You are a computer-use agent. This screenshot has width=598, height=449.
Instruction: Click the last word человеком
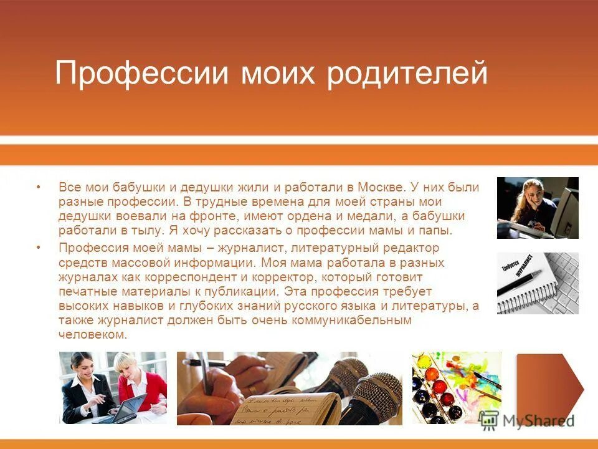93,335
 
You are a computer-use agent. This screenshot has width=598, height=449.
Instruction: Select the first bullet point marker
39,187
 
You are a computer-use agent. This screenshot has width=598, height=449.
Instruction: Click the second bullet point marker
39,248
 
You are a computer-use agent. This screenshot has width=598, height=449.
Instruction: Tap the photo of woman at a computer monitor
537,208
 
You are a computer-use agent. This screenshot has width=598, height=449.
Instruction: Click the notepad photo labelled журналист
537,282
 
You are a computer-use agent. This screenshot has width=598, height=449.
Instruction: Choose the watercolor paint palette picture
456,388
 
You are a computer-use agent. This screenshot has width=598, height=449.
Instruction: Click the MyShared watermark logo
529,420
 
